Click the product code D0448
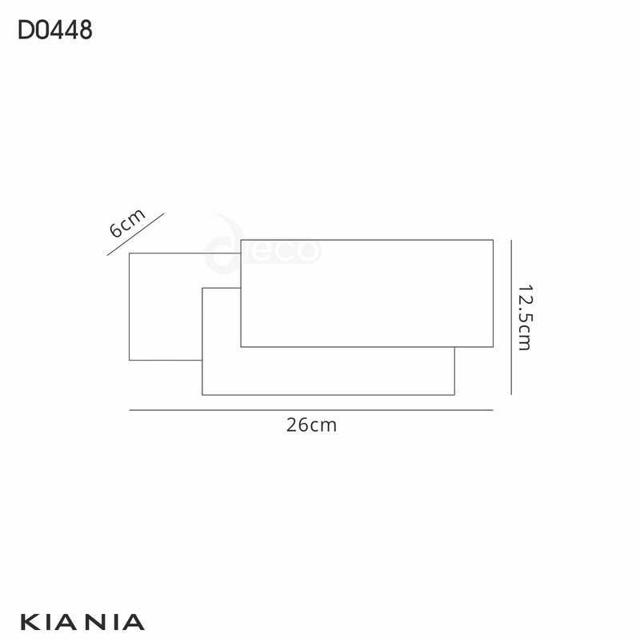[54, 30]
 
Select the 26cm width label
[311, 425]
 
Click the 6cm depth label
[126, 224]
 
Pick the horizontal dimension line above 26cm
[310, 410]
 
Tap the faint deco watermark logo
[264, 249]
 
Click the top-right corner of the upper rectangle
[493, 239]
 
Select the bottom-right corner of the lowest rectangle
[454, 395]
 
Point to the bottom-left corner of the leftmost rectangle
[129, 361]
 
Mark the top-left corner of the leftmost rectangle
[129, 253]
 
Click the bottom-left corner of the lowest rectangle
[202, 395]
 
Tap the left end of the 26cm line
[129, 410]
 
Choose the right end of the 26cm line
[493, 410]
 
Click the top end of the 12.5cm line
[511, 240]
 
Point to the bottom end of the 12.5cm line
[511, 394]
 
